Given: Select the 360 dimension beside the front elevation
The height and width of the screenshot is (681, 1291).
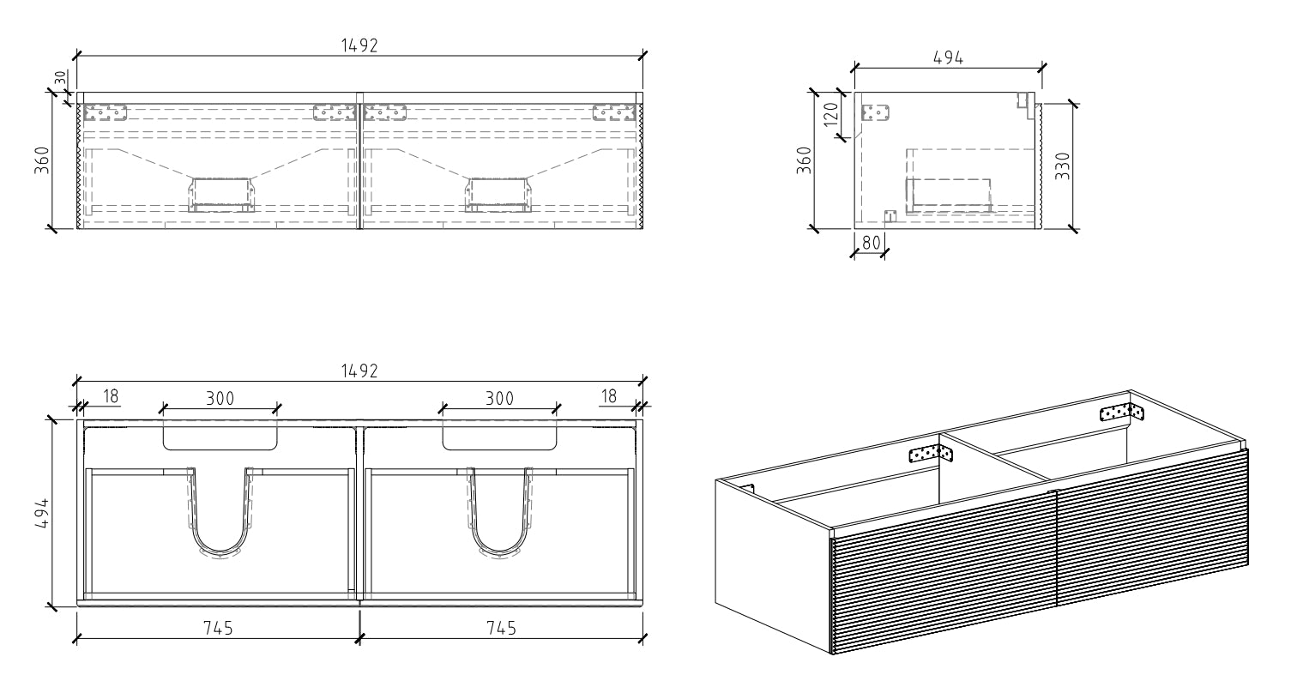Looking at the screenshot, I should click(41, 160).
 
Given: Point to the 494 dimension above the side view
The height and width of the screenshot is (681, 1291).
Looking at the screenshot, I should click(948, 57).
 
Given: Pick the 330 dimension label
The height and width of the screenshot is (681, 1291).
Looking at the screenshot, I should click(1062, 165).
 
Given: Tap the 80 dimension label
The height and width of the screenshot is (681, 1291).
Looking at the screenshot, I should click(872, 243).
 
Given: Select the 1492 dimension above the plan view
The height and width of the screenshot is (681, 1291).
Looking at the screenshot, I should click(359, 371).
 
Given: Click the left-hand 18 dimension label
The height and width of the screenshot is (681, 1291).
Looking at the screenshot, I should click(110, 396).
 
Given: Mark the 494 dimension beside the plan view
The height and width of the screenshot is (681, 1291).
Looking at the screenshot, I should click(41, 514).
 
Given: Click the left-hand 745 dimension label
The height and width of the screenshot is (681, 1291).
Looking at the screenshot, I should click(219, 628).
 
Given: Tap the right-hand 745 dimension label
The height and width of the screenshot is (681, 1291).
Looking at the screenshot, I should click(500, 628).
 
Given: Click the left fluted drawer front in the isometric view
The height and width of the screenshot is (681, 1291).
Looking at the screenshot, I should click(944, 583).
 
